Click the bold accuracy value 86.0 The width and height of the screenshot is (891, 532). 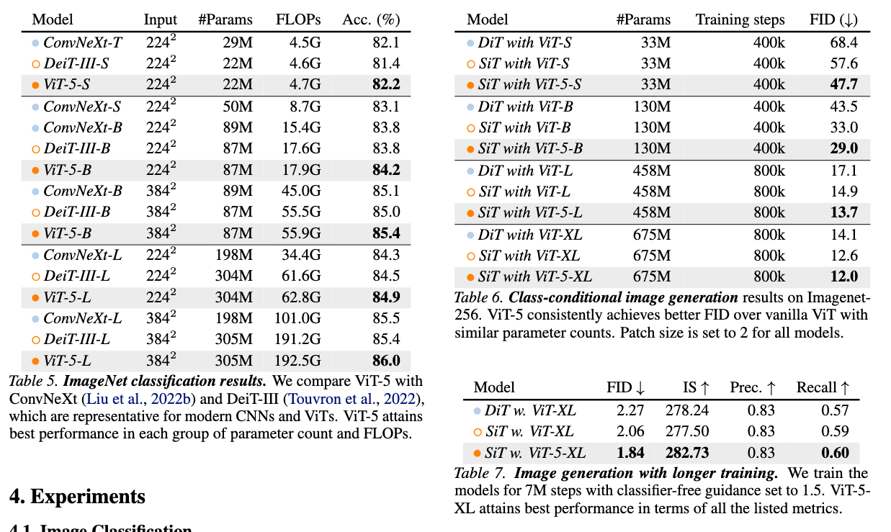pyautogui.click(x=386, y=361)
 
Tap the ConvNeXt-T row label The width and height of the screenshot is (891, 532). pyautogui.click(x=82, y=42)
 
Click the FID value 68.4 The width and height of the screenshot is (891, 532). pyautogui.click(x=843, y=42)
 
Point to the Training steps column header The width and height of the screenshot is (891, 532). pyautogui.click(x=740, y=19)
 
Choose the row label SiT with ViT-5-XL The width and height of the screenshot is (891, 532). pyautogui.click(x=534, y=276)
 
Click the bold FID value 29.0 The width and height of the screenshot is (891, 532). pyautogui.click(x=843, y=149)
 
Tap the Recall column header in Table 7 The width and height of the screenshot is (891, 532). pyautogui.click(x=823, y=387)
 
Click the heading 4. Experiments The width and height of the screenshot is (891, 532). pyautogui.click(x=77, y=496)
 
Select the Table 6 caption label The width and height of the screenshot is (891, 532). pyautogui.click(x=480, y=297)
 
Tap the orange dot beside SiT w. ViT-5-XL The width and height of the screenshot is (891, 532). pyautogui.click(x=477, y=454)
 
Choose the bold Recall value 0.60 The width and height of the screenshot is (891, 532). pyautogui.click(x=835, y=453)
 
